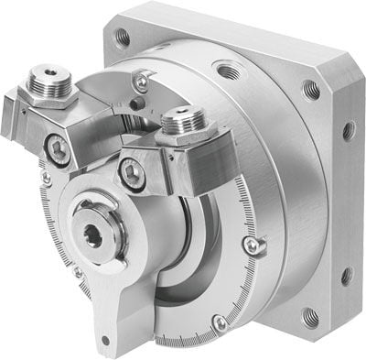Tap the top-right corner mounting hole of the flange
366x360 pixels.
pos(310,90)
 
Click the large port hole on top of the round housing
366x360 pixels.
pos(225,70)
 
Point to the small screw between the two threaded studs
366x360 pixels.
pos(139,83)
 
